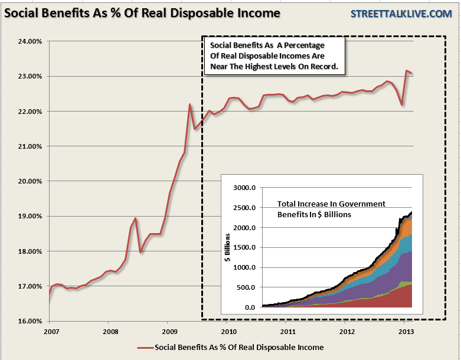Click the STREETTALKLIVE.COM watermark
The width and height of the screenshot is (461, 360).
[401, 13]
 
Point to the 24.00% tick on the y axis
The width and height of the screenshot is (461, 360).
[30, 41]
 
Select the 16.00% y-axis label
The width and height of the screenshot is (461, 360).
[30, 322]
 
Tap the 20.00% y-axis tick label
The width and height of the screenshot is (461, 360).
[30, 181]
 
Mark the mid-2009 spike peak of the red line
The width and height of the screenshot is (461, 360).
[189, 104]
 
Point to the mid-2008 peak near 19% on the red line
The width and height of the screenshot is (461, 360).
[135, 218]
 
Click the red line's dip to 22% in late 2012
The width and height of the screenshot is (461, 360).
[401, 104]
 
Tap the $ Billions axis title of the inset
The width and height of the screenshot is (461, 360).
[227, 248]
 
